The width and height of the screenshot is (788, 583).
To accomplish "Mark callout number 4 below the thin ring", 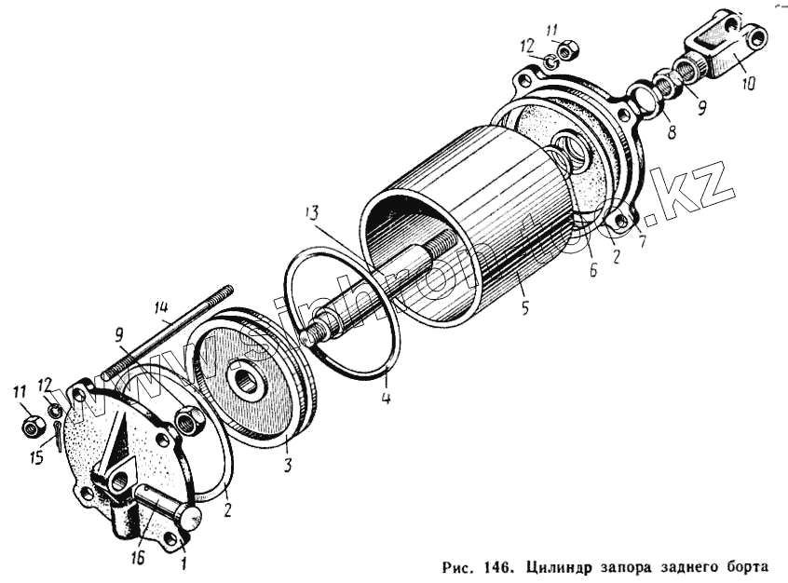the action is coord(385,400).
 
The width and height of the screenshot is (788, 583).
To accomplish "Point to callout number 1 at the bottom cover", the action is coord(183,562).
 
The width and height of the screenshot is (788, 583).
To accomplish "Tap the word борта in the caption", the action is coord(737,566).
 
